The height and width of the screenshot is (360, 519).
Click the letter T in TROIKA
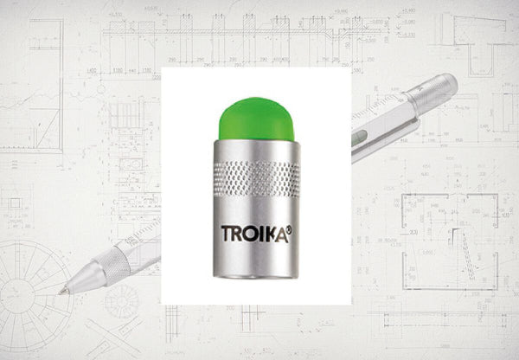[227, 233]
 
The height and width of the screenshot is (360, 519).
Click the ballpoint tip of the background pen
[62, 292]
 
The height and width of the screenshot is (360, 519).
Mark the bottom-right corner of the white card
[350, 304]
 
